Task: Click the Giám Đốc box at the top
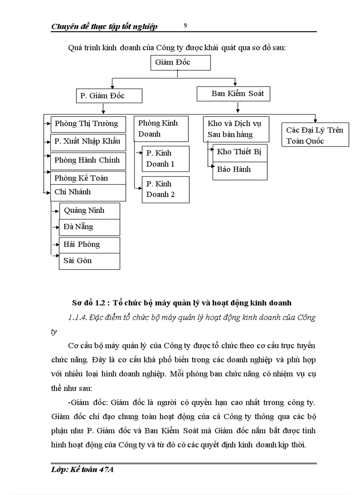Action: coord(180,63)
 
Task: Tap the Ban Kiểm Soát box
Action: coord(233,93)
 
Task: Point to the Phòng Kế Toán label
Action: coord(81,178)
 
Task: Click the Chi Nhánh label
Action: coord(73,192)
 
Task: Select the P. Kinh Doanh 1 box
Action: coord(165,159)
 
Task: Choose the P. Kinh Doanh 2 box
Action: coord(165,189)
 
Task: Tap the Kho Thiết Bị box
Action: coord(240,152)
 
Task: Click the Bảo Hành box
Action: coord(240,170)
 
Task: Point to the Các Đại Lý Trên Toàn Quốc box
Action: coord(315,135)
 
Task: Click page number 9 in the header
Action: coord(185,26)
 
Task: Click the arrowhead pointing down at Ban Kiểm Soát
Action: coord(236,84)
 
